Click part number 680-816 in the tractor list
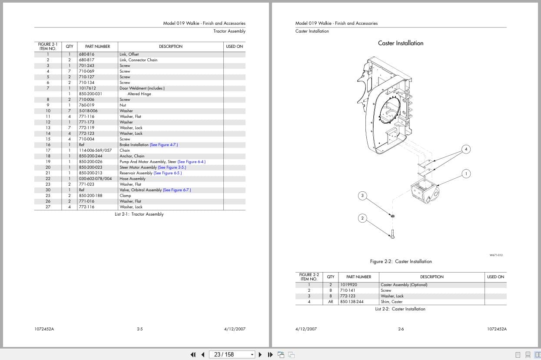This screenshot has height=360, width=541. [86, 54]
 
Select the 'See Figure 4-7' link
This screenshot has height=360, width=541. [164, 145]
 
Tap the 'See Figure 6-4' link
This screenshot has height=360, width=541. [192, 162]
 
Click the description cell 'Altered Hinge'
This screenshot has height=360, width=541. [139, 94]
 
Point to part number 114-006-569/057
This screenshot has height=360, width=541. [96, 150]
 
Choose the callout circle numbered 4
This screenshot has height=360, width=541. [466, 149]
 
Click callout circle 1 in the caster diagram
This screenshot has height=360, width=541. [466, 174]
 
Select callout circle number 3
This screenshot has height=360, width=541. [362, 196]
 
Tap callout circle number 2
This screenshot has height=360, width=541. [362, 218]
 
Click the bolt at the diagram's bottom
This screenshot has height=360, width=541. [392, 234]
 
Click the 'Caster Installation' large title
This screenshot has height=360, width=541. [401, 43]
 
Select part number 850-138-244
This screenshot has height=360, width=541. [352, 302]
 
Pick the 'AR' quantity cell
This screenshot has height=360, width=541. [330, 302]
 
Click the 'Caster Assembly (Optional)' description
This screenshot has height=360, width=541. [404, 285]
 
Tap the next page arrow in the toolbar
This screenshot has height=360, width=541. [260, 354]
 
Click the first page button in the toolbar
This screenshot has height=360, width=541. [193, 354]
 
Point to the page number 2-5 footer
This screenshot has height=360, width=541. [140, 329]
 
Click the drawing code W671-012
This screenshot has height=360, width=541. [496, 255]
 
